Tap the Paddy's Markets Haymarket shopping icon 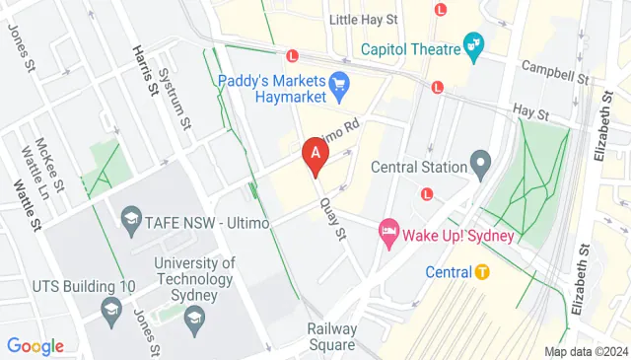tap(340, 84)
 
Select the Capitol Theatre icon tap(474, 44)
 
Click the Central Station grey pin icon tap(481, 162)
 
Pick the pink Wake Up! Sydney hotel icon tap(388, 235)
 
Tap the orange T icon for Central tap(481, 271)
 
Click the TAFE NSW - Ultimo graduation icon tap(130, 217)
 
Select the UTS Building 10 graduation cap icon tap(111, 313)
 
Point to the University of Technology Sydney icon tap(195, 316)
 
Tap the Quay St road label tap(335, 219)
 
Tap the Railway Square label tap(330, 336)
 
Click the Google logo tap(35, 345)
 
